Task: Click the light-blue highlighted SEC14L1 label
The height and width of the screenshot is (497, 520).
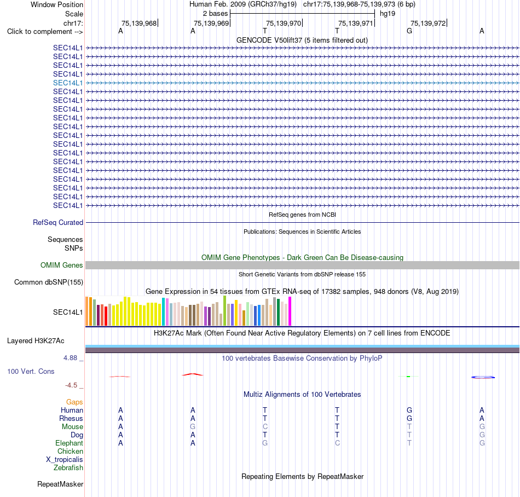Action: tap(68, 83)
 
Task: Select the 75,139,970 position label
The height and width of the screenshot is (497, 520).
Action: tap(284, 23)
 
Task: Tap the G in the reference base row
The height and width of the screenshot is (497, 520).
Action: tap(409, 31)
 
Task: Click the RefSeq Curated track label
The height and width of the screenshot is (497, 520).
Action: tap(58, 222)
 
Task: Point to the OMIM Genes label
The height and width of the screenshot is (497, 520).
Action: tap(62, 265)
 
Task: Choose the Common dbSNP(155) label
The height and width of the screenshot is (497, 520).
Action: tap(49, 282)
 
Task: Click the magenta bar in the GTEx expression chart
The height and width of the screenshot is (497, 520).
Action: tap(290, 311)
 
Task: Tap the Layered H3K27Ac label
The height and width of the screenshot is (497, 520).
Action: tap(36, 341)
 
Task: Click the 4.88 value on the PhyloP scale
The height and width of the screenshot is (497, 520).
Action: tap(70, 358)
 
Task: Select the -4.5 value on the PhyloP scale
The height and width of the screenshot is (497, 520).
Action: tap(71, 385)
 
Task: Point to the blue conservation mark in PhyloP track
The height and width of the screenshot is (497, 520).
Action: tap(483, 377)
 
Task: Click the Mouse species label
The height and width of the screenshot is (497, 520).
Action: tap(72, 427)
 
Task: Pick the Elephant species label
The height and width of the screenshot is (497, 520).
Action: tap(69, 443)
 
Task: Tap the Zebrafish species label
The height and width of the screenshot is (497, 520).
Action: tap(68, 468)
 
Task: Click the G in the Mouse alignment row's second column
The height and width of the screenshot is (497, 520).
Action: tap(193, 427)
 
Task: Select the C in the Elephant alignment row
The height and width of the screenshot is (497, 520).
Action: tap(337, 443)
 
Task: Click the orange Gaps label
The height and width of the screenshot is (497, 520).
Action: tap(74, 402)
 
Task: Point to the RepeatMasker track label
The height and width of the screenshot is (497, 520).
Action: tap(60, 484)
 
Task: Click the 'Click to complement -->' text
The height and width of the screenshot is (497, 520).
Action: tap(45, 32)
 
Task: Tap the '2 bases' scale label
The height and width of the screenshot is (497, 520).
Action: tap(216, 14)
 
